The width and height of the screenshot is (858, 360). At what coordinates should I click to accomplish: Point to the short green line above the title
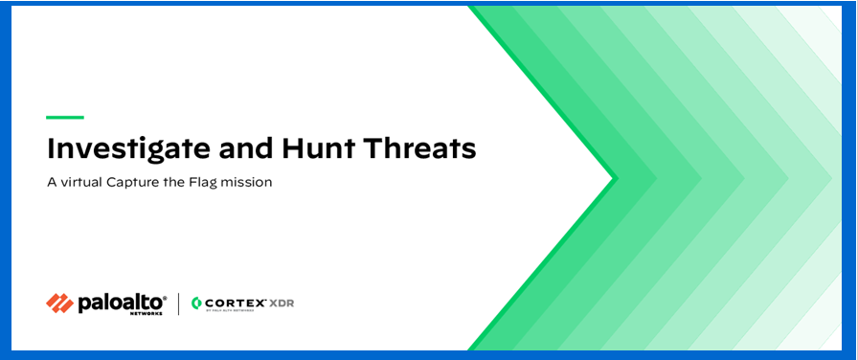coord(65,117)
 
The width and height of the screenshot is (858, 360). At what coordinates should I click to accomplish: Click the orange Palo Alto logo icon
coord(59,303)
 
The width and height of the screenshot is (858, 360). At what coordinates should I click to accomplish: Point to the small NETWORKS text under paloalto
coord(148,312)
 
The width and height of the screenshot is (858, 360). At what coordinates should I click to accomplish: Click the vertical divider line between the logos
coord(179,304)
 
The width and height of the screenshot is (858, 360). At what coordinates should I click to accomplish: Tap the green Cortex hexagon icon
coord(196,304)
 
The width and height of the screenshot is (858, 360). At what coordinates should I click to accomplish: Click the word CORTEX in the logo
coord(234,302)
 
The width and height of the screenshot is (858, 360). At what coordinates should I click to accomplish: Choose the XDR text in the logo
coord(282,302)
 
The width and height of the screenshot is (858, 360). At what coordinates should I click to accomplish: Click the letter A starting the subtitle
coord(51,182)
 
